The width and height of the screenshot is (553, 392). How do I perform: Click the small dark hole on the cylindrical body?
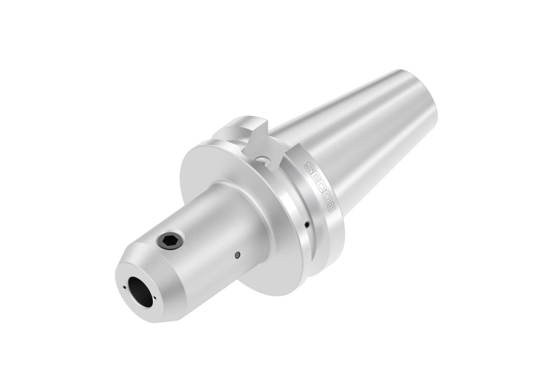pyautogui.click(x=237, y=254)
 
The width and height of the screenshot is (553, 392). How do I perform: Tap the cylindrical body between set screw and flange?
pyautogui.click(x=216, y=227)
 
